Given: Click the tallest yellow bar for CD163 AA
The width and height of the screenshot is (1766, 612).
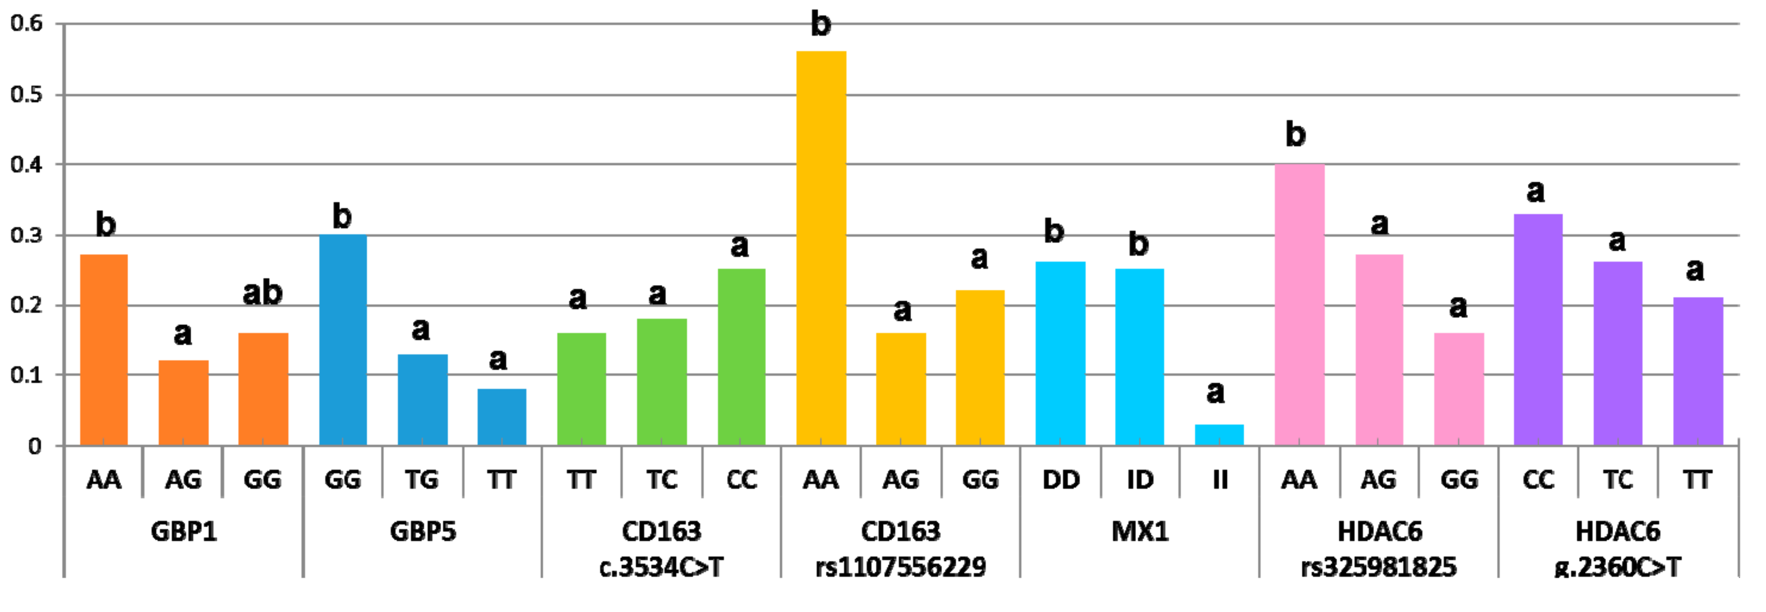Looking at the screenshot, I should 821,247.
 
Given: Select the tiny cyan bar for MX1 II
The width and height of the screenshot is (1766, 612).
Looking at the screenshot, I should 1219,435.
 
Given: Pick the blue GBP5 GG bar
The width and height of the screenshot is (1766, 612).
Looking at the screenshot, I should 343,340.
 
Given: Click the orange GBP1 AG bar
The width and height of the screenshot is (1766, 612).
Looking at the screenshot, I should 183,403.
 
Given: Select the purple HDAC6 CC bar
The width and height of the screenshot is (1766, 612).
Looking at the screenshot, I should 1538,329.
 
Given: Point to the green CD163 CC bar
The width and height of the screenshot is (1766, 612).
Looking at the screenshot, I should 741,357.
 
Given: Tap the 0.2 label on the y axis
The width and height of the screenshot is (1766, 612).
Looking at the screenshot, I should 26,305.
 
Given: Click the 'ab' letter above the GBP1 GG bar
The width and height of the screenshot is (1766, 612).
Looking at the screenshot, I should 262,293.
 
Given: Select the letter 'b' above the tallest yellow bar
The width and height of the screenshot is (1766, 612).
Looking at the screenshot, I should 821,24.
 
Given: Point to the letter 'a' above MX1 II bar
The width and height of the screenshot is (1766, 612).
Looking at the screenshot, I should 1215,392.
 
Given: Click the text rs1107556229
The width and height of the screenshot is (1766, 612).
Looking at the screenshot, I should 900,567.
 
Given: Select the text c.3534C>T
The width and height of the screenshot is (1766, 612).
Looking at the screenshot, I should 661,567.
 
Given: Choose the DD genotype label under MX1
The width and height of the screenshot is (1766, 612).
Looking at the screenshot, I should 1061,479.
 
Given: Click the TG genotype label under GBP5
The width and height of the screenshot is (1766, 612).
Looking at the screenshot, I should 421,479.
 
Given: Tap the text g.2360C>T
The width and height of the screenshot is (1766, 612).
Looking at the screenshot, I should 1617,567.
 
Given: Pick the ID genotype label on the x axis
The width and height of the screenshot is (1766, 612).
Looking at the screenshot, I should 1140,479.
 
